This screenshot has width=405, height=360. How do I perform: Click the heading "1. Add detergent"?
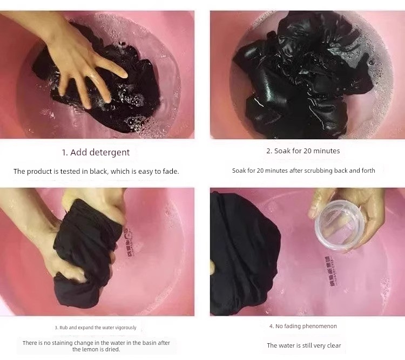pyautogui.click(x=96, y=152)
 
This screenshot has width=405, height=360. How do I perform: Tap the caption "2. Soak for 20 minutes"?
pyautogui.click(x=303, y=151)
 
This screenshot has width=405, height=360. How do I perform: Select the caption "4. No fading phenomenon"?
pyautogui.click(x=303, y=326)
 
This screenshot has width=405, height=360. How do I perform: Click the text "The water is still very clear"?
pyautogui.click(x=304, y=345)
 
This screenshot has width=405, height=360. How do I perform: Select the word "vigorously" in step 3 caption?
pyautogui.click(x=126, y=328)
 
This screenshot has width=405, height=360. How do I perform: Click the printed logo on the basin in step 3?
pyautogui.click(x=129, y=242)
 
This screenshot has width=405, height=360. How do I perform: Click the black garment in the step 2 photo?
pyautogui.click(x=302, y=78)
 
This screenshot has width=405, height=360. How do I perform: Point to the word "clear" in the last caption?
pyautogui.click(x=334, y=345)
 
